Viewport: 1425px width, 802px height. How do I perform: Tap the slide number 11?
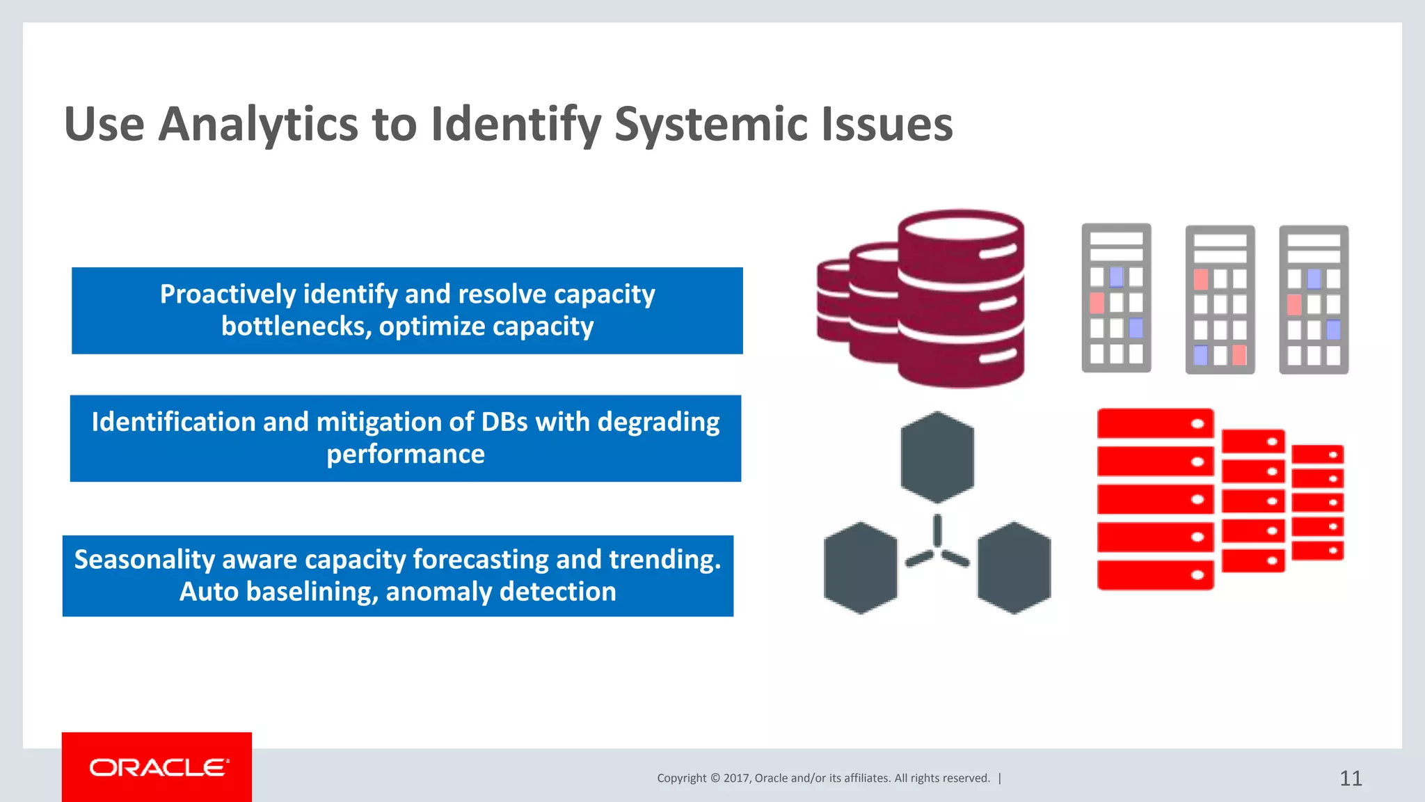(x=1351, y=778)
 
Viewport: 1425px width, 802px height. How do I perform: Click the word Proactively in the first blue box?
(x=228, y=294)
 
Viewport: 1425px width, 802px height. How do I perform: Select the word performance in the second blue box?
(x=406, y=454)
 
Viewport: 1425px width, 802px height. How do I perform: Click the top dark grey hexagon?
(x=937, y=457)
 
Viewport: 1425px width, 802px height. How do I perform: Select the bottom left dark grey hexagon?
(x=861, y=567)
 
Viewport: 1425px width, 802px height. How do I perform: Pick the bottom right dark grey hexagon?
(x=1014, y=567)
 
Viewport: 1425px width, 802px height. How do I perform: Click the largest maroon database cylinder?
(x=960, y=299)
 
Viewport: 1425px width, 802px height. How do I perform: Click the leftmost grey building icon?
(x=1116, y=298)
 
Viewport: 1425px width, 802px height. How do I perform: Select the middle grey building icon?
(x=1220, y=299)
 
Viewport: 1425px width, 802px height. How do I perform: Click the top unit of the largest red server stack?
(x=1155, y=423)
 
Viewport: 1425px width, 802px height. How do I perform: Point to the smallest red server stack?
(x=1317, y=502)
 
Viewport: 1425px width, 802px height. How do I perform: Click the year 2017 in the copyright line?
(x=736, y=778)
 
